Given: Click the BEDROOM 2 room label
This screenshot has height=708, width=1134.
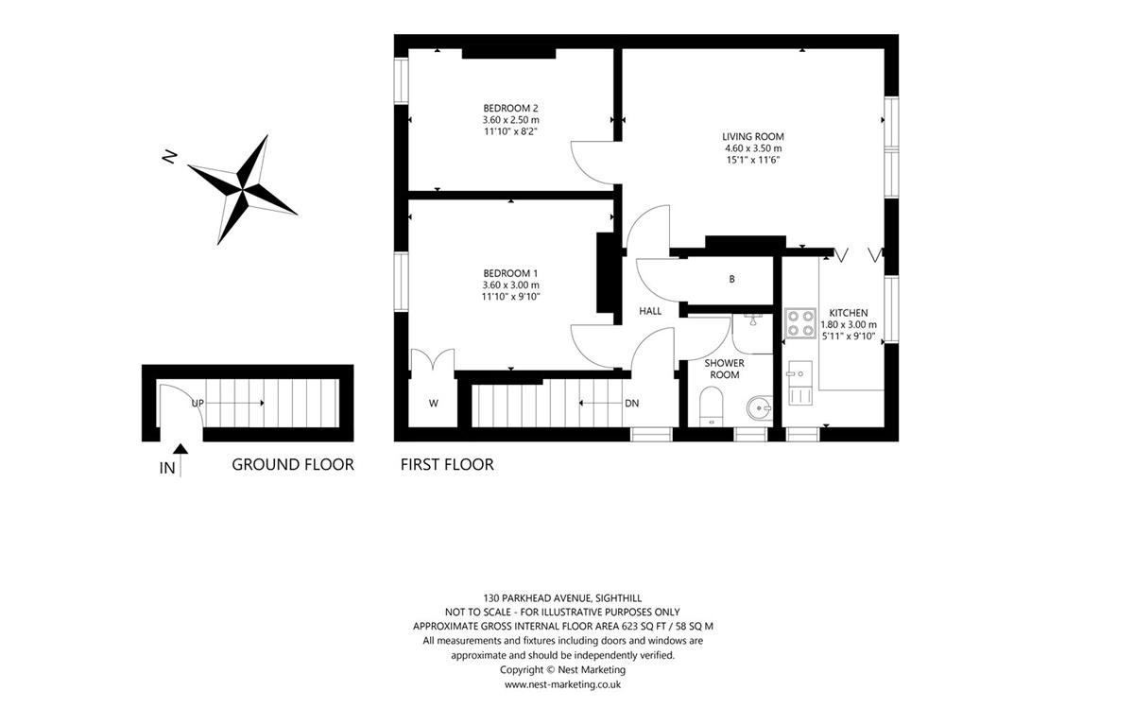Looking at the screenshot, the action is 510,108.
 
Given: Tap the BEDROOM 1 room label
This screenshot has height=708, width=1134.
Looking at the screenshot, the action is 510,273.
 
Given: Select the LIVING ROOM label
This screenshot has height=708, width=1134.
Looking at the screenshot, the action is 753,136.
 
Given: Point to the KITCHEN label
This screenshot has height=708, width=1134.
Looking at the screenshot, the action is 849,313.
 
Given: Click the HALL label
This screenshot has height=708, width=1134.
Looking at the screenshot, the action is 650,311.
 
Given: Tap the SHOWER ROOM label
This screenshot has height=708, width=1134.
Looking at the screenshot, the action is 725,369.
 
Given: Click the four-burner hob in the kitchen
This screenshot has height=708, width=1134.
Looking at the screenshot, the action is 800,323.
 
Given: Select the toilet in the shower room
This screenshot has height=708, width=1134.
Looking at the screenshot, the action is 712,406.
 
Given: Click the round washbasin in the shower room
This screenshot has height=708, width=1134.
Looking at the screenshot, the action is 760,407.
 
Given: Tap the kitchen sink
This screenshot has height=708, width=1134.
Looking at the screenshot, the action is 799,383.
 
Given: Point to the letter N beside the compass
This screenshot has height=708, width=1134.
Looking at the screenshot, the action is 169,157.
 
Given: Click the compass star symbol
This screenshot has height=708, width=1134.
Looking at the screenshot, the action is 242,190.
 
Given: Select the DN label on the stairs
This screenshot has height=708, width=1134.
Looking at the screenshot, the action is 632,403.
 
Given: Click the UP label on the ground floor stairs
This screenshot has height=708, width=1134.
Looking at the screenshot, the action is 198,403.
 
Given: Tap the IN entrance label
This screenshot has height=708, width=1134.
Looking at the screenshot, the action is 167,469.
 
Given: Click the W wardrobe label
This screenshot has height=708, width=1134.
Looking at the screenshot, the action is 434,403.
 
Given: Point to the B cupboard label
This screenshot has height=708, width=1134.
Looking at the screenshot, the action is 731,279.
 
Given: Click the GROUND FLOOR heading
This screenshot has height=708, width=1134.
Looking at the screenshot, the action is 293,464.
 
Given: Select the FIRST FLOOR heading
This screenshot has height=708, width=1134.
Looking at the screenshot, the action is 447,464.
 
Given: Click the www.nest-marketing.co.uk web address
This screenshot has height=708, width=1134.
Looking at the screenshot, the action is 562,684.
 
